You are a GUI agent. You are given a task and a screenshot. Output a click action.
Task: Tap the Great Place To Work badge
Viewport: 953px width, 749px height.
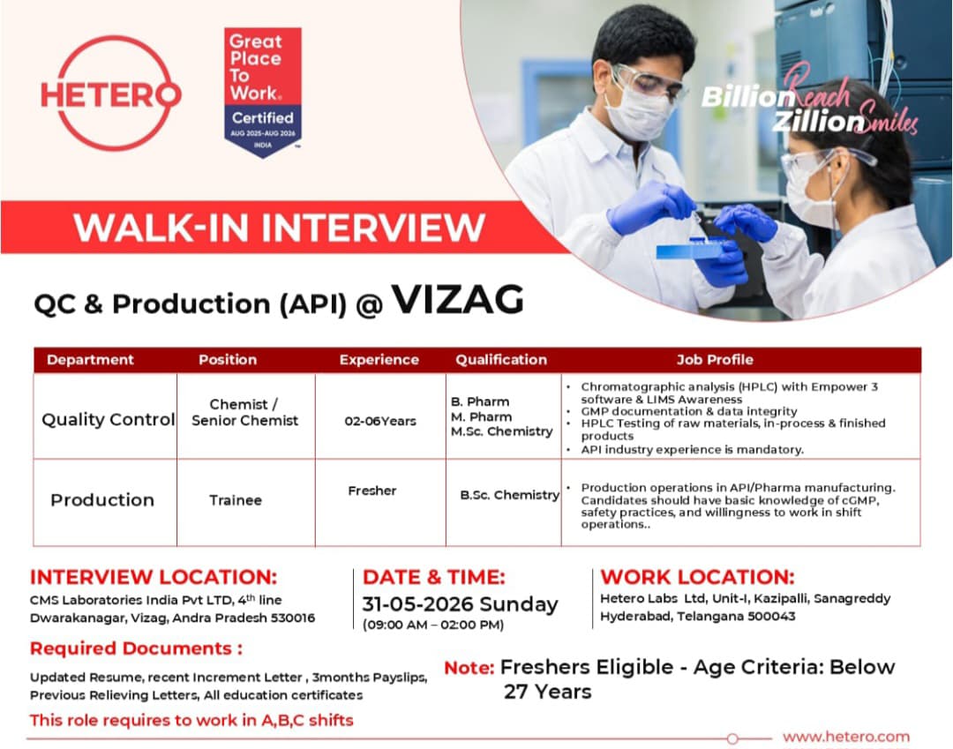[263, 92]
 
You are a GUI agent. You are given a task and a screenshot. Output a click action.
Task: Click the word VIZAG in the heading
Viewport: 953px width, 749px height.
[458, 300]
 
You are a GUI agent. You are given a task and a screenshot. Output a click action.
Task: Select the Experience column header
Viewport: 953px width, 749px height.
[379, 360]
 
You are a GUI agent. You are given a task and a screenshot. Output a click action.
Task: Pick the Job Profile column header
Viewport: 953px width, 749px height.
[715, 360]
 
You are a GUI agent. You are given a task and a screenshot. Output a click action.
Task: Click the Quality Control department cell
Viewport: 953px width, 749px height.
[109, 419]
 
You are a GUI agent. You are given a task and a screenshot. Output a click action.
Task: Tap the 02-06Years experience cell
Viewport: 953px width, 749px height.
[380, 421]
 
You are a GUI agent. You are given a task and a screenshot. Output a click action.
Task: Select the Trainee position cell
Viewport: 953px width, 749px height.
[236, 500]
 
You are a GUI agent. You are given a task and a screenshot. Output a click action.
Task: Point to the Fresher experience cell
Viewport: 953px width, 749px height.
[372, 491]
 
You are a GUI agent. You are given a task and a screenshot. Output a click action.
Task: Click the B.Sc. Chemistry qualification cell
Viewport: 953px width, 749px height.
[509, 495]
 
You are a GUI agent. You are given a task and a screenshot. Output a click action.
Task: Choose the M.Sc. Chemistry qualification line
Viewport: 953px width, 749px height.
[502, 431]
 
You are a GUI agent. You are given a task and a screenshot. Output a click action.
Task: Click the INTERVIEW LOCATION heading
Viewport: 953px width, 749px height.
[154, 576]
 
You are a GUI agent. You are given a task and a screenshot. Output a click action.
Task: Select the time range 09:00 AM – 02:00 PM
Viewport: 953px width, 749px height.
[433, 625]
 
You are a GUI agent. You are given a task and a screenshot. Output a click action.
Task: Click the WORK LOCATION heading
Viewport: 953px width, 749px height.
[697, 576]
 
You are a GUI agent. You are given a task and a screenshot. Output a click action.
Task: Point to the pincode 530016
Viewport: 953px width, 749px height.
[293, 618]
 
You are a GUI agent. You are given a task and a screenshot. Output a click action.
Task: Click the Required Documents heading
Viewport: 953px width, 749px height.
[136, 648]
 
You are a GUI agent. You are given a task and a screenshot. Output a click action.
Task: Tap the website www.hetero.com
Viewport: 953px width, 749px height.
[846, 737]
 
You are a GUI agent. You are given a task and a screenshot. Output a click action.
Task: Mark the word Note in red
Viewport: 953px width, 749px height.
[469, 668]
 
